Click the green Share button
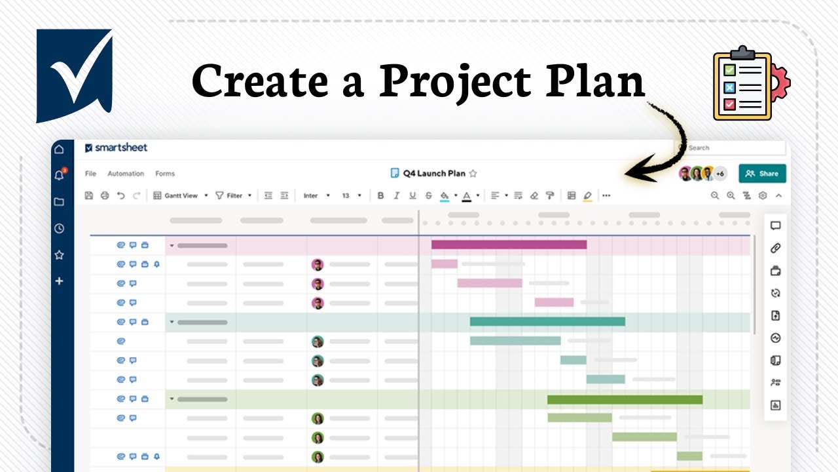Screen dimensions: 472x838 tap(763, 174)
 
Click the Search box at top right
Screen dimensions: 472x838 tap(733, 148)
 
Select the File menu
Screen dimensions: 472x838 tap(90, 174)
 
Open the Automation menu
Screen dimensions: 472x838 tap(126, 174)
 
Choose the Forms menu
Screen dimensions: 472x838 tap(165, 174)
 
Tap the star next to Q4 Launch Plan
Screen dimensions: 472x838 tap(473, 174)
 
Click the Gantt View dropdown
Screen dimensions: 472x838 tap(181, 195)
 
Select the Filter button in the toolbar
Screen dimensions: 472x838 tap(234, 195)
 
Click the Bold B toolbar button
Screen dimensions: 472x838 tap(380, 195)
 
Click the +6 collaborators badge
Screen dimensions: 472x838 tap(720, 174)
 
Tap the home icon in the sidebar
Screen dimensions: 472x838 tap(59, 149)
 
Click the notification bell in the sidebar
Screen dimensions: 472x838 tap(59, 176)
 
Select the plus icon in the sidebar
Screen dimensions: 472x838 tap(59, 281)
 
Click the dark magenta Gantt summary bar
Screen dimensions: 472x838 tap(509, 245)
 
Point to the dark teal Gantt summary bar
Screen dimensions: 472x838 tap(547, 322)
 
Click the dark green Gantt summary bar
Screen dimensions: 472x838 tap(625, 399)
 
